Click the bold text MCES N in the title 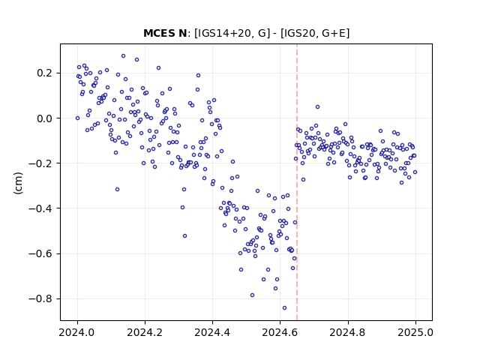pyautogui.click(x=165, y=33)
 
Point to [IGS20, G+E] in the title pyautogui.click(x=315, y=33)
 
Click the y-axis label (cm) pyautogui.click(x=18, y=183)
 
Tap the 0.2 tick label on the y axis pyautogui.click(x=44, y=73)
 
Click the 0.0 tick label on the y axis pyautogui.click(x=44, y=118)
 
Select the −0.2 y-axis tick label pyautogui.click(x=40, y=163)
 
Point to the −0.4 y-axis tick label pyautogui.click(x=40, y=208)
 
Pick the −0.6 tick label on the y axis pyautogui.click(x=40, y=253)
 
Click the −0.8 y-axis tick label pyautogui.click(x=40, y=298)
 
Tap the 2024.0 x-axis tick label pyautogui.click(x=77, y=332)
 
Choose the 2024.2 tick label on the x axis pyautogui.click(x=145, y=332)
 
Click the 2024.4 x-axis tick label pyautogui.click(x=212, y=332)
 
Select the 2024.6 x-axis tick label pyautogui.click(x=280, y=332)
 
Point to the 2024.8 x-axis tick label pyautogui.click(x=348, y=332)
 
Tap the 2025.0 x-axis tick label pyautogui.click(x=415, y=332)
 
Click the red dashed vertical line pyautogui.click(x=297, y=182)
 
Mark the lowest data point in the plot pyautogui.click(x=284, y=307)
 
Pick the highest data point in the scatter pyautogui.click(x=123, y=56)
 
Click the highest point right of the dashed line pyautogui.click(x=317, y=106)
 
